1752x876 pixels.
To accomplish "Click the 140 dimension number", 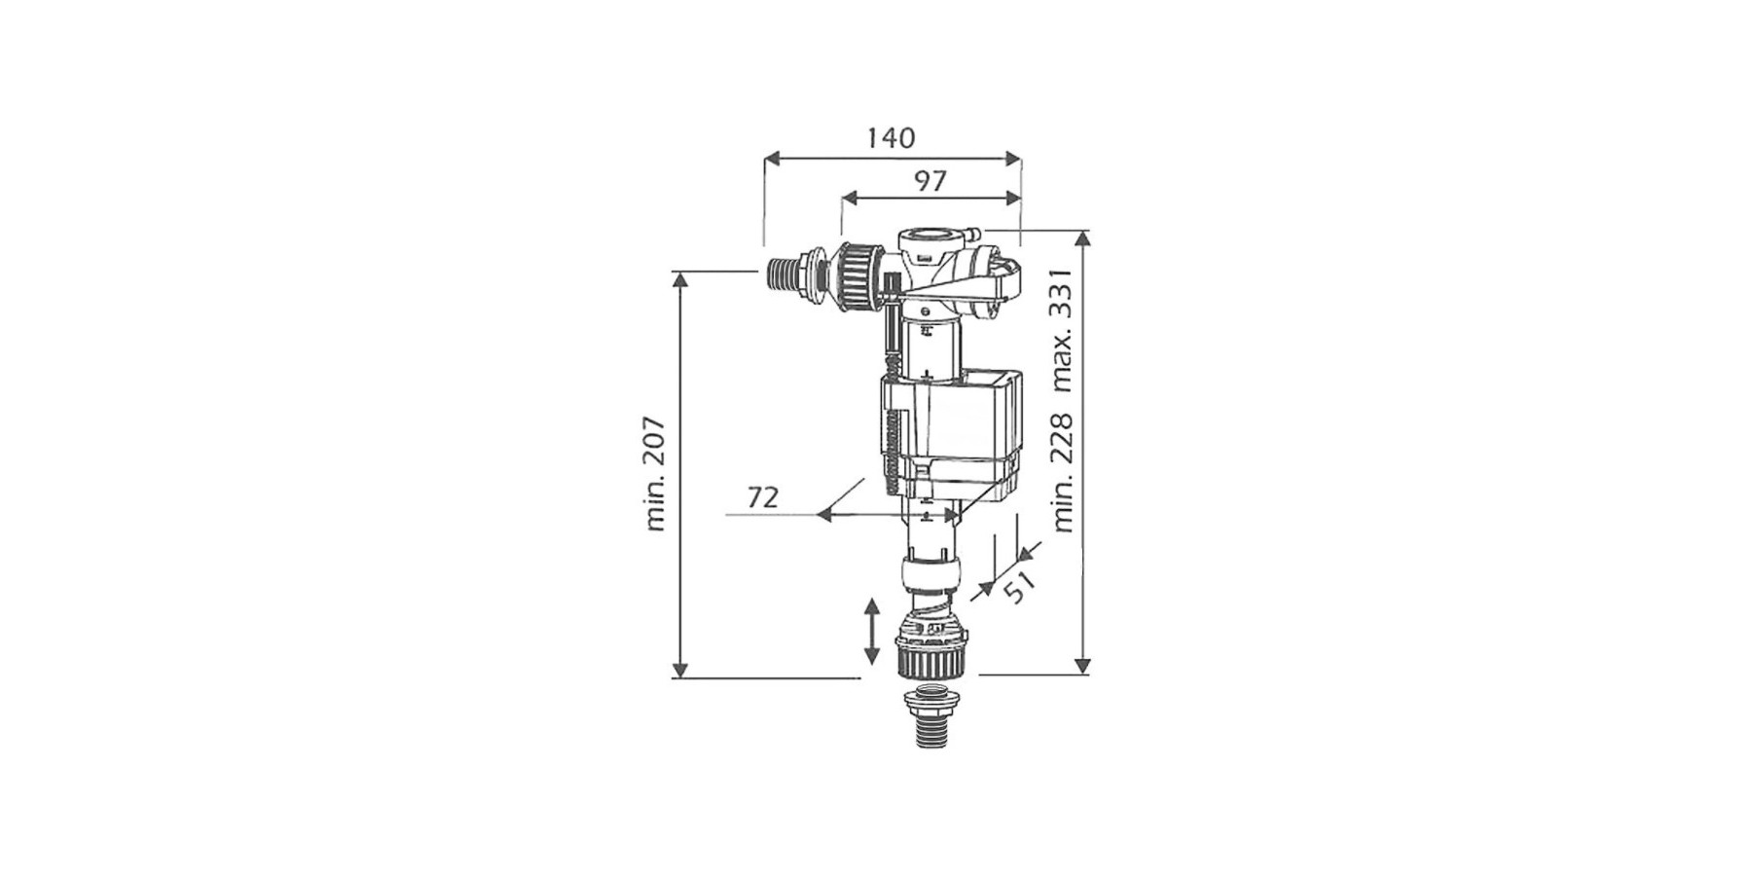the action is click(x=891, y=138).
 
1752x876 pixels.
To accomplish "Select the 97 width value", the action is click(x=930, y=181).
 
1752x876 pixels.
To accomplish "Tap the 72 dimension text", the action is click(x=763, y=497).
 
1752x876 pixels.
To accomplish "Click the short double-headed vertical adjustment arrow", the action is click(x=871, y=632).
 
